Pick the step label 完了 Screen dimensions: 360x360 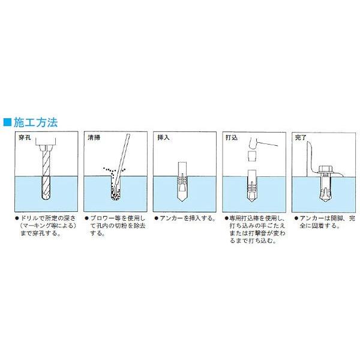pos(299,137)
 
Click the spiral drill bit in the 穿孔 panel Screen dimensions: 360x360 pos(46,174)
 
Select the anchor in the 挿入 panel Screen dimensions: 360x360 pos(184,183)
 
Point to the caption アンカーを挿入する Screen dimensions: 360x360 pos(185,220)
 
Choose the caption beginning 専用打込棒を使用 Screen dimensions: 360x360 pos(253,231)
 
